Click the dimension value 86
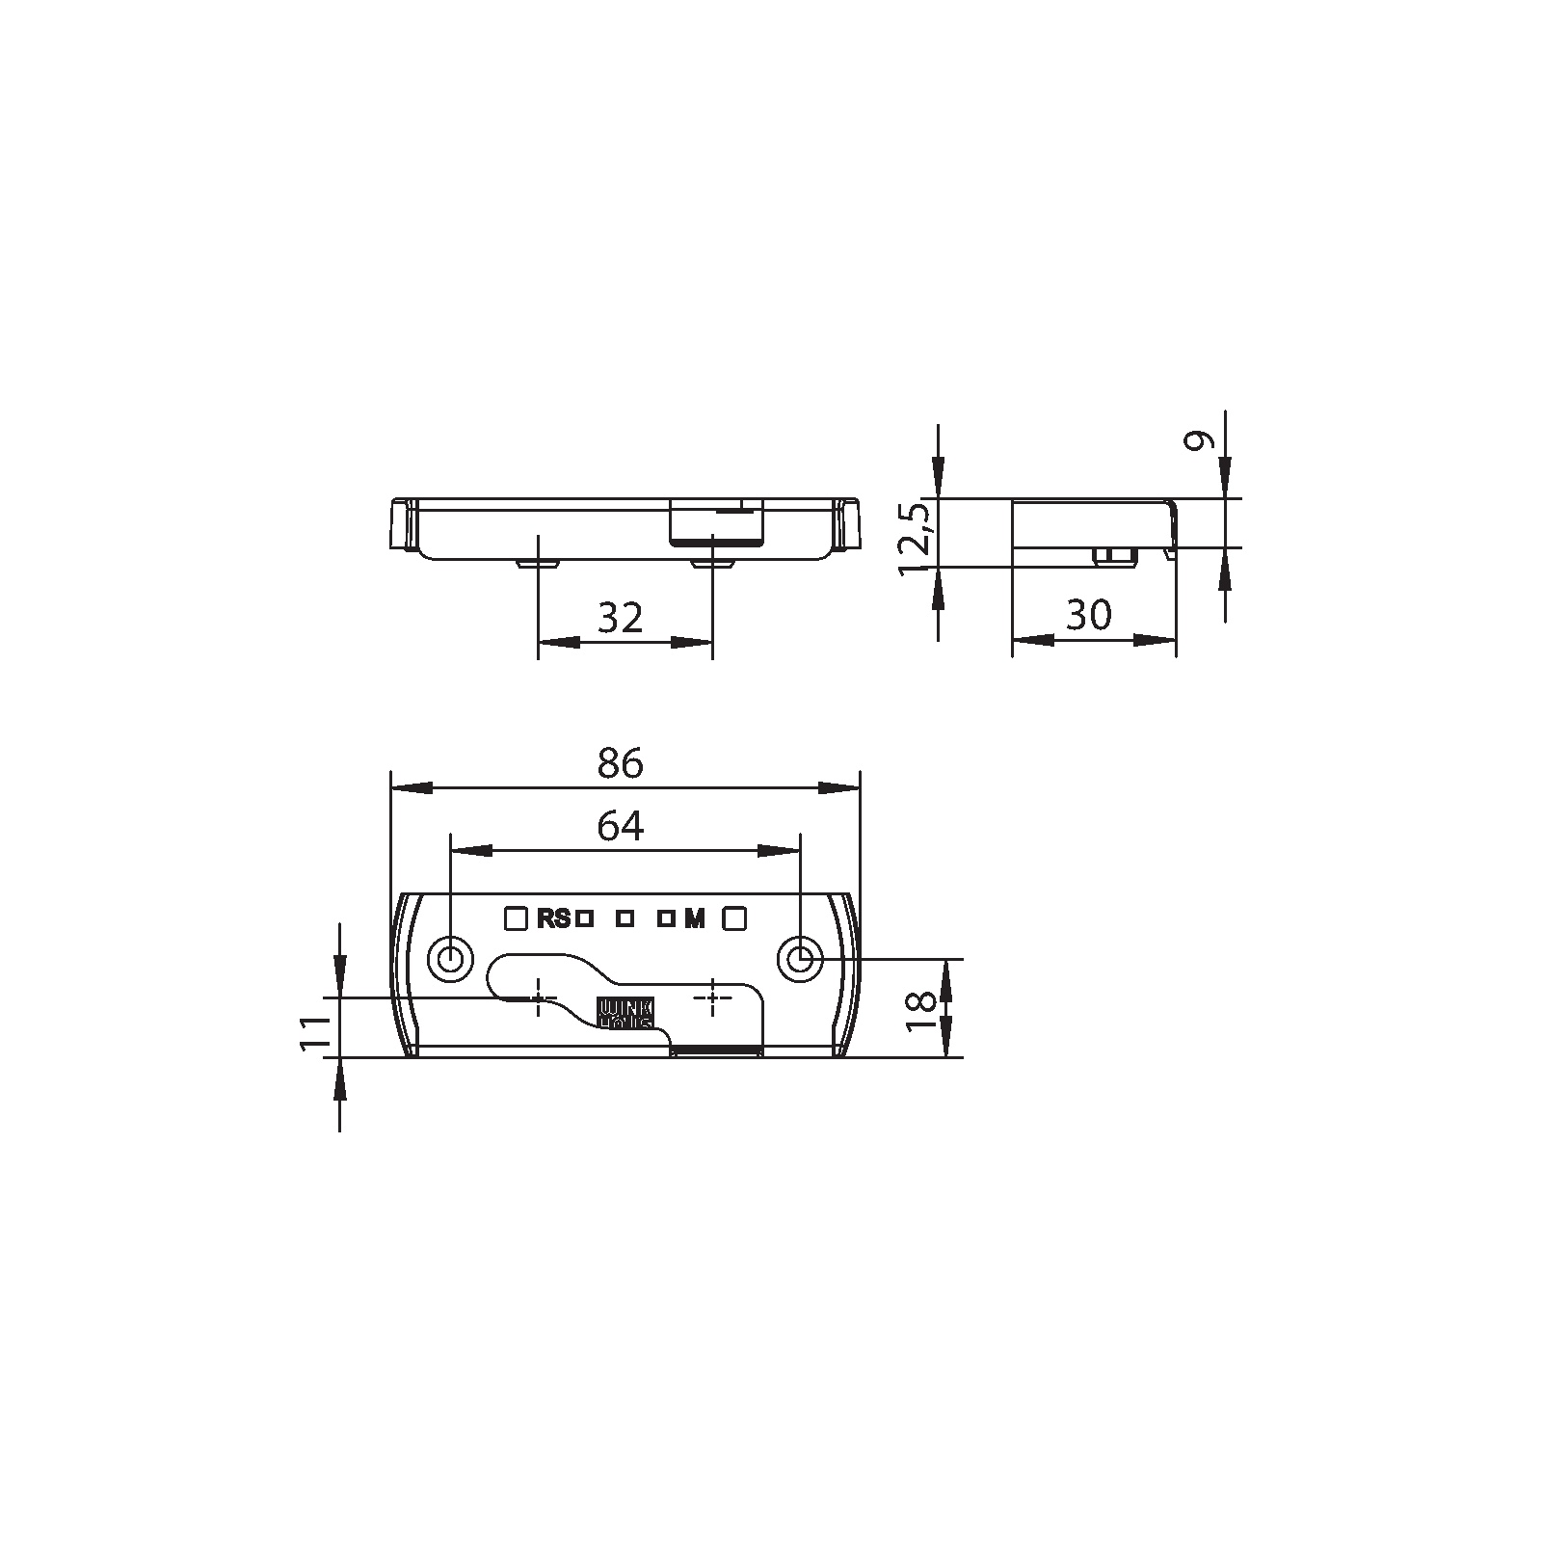point(620,762)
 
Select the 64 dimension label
point(620,826)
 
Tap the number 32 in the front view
point(620,618)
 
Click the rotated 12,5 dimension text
point(915,539)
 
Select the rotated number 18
point(922,1009)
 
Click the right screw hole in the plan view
point(800,959)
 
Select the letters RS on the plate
point(554,918)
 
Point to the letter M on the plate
point(695,918)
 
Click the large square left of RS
point(517,917)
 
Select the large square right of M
point(734,917)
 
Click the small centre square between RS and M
point(625,918)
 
